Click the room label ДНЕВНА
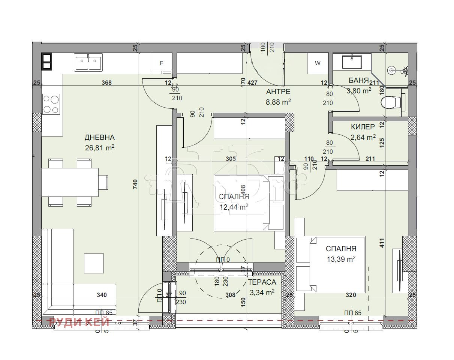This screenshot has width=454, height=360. click(99, 137)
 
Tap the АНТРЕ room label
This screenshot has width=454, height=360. click(278, 91)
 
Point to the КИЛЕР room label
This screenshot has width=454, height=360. click(363, 127)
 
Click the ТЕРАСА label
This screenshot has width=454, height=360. click(262, 282)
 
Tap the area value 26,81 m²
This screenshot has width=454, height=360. click(99, 148)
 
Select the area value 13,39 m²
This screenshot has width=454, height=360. click(340, 259)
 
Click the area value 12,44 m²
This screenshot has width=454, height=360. click(234, 207)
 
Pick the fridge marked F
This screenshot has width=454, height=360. click(161, 63)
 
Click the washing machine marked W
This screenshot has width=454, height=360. click(318, 63)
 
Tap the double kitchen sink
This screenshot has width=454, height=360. click(88, 62)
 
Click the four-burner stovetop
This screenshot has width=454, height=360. click(51, 104)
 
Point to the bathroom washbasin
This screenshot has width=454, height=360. click(352, 61)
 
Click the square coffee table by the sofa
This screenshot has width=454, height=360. click(94, 263)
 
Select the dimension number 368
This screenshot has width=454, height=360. click(107, 83)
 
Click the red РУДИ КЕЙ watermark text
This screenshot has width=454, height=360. click(79, 321)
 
